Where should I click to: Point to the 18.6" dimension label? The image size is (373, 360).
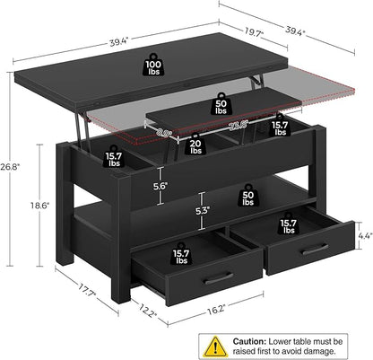[x=52, y=206]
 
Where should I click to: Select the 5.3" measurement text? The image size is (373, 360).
[x=204, y=212]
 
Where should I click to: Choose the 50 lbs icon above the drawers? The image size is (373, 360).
[x=247, y=195]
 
